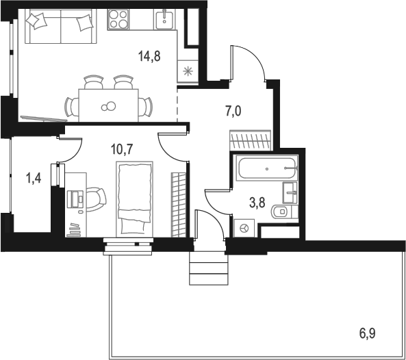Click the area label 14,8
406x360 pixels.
point(149,56)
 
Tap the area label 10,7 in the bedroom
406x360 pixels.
point(122,149)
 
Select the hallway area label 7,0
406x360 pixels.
point(233,112)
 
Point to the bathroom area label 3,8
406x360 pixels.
point(257,203)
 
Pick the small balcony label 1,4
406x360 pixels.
point(34,178)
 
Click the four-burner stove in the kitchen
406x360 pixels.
point(118,19)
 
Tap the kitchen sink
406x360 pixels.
point(164,19)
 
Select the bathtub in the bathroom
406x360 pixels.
point(267,168)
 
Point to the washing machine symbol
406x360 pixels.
point(244,229)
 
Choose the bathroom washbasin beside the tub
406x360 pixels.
point(290,192)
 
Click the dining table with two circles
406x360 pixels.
point(108,105)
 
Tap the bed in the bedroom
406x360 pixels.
point(134,198)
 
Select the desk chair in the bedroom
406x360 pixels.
point(96,199)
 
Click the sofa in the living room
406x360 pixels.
point(60,26)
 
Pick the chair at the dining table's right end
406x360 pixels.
point(145,106)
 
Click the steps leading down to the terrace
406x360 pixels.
point(209,268)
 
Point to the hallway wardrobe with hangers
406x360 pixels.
point(251,140)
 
